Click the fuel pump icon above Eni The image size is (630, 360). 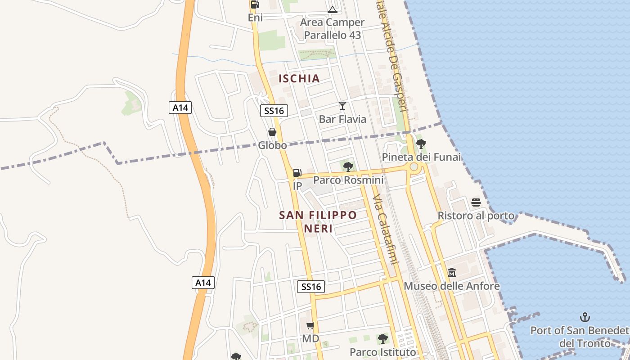tap(255, 5)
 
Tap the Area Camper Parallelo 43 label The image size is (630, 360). tap(332, 29)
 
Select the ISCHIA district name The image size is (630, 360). tap(299, 78)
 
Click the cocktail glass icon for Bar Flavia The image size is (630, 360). tap(342, 106)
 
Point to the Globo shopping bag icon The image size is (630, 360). tap(272, 132)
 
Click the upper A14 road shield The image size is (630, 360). tap(180, 108)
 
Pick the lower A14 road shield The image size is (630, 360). tap(203, 283)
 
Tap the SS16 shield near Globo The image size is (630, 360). tap(274, 111)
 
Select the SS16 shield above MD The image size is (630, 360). tap(311, 287)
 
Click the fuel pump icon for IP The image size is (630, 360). tap(297, 172)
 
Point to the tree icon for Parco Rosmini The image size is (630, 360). tap(348, 167)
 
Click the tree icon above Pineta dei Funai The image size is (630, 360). tap(421, 144)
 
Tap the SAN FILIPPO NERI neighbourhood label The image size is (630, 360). tap(318, 221)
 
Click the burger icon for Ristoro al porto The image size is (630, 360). tap(476, 202)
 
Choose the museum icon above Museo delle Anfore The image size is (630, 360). tap(452, 272)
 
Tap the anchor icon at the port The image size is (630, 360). tap(585, 317)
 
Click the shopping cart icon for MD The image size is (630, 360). tap(310, 325)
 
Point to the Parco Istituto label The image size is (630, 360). tap(383, 351)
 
